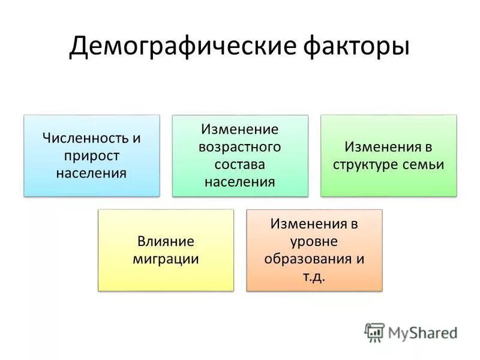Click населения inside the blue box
pyautogui.click(x=92, y=173)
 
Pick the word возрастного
pyautogui.click(x=240, y=147)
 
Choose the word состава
pyautogui.click(x=240, y=164)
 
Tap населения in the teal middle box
pyautogui.click(x=240, y=182)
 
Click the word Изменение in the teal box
pyautogui.click(x=240, y=130)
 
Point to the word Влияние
pyautogui.click(x=166, y=242)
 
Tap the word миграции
pyautogui.click(x=166, y=259)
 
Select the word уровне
pyautogui.click(x=314, y=242)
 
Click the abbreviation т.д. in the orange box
pyautogui.click(x=314, y=277)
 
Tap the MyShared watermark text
pyautogui.click(x=422, y=332)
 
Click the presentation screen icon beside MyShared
pyautogui.click(x=374, y=332)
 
